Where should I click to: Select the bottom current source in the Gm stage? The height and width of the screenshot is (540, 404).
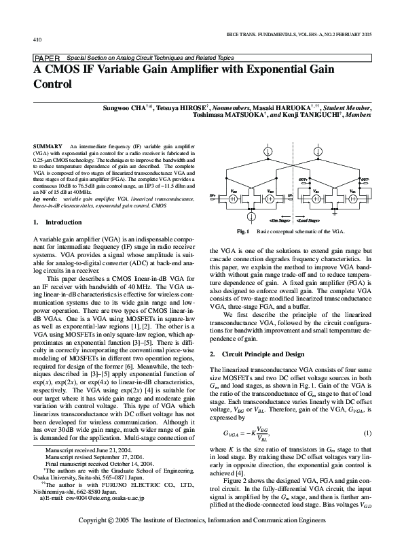251,215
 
